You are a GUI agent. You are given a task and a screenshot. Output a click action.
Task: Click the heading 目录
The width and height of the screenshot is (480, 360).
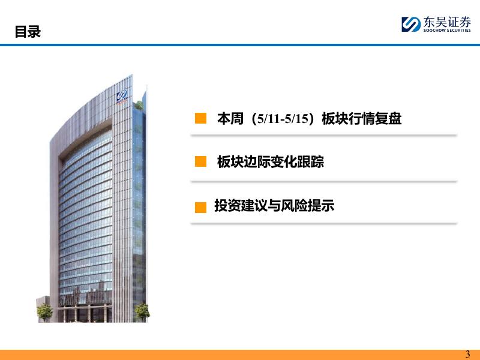28,32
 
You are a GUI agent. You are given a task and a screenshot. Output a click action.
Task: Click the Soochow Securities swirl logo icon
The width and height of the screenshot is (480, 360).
411,24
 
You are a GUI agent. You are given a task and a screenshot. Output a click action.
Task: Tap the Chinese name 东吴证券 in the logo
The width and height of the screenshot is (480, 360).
447,22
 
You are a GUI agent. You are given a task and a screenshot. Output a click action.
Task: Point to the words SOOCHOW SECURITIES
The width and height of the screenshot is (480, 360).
447,31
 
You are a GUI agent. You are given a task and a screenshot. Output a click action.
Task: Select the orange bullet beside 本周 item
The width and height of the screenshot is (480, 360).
200,118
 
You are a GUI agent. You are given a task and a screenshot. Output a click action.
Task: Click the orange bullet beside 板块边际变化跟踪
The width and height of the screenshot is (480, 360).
200,161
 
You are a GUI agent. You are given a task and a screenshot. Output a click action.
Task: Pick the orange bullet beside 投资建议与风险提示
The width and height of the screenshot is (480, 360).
200,207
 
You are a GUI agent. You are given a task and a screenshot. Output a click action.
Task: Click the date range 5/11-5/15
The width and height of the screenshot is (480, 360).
283,118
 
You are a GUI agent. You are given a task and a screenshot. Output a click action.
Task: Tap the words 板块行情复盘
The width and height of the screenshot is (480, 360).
362,118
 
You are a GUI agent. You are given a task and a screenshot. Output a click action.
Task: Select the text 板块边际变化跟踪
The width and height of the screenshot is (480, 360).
271,161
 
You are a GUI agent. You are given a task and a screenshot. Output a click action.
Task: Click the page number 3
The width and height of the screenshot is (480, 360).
467,354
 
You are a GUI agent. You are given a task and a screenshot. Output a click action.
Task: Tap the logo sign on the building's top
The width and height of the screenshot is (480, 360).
122,97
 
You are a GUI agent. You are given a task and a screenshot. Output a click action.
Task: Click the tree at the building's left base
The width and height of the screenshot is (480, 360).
44,312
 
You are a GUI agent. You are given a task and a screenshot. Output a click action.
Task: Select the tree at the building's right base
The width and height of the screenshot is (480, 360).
142,312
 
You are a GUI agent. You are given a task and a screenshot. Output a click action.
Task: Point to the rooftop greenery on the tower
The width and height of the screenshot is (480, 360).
139,105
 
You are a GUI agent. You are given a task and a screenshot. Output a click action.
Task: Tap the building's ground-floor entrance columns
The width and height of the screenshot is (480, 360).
84,313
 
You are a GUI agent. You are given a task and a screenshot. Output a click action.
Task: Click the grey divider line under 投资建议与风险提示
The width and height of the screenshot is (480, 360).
323,223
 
